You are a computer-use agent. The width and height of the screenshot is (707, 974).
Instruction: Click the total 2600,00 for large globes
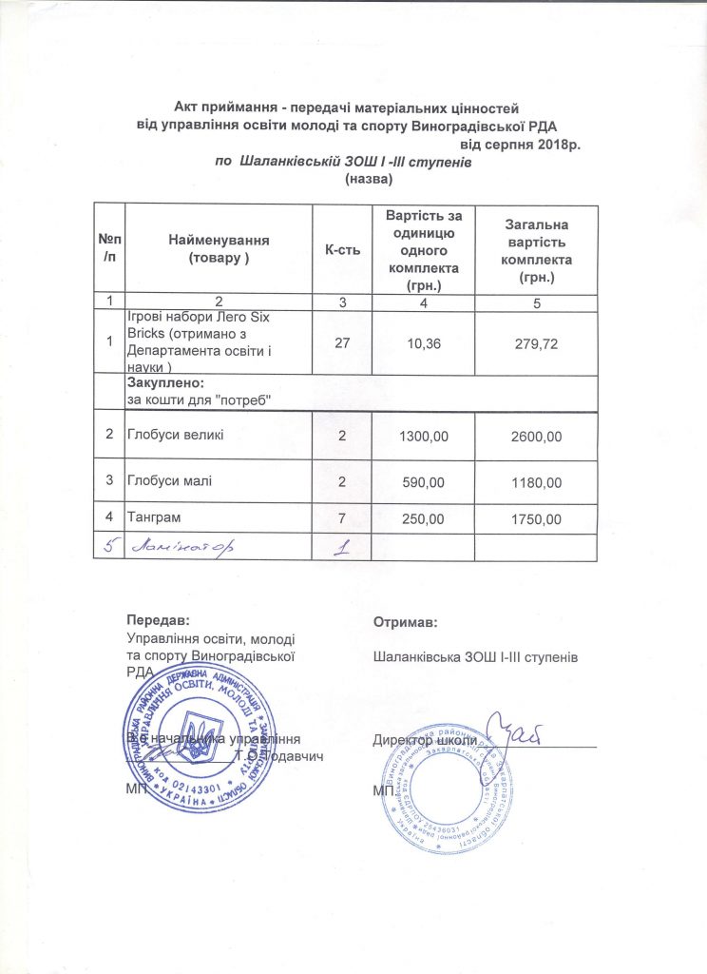point(536,436)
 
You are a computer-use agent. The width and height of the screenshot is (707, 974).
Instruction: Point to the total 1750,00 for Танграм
point(536,518)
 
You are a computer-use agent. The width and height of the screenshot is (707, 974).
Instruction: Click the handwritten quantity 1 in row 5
point(337,547)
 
